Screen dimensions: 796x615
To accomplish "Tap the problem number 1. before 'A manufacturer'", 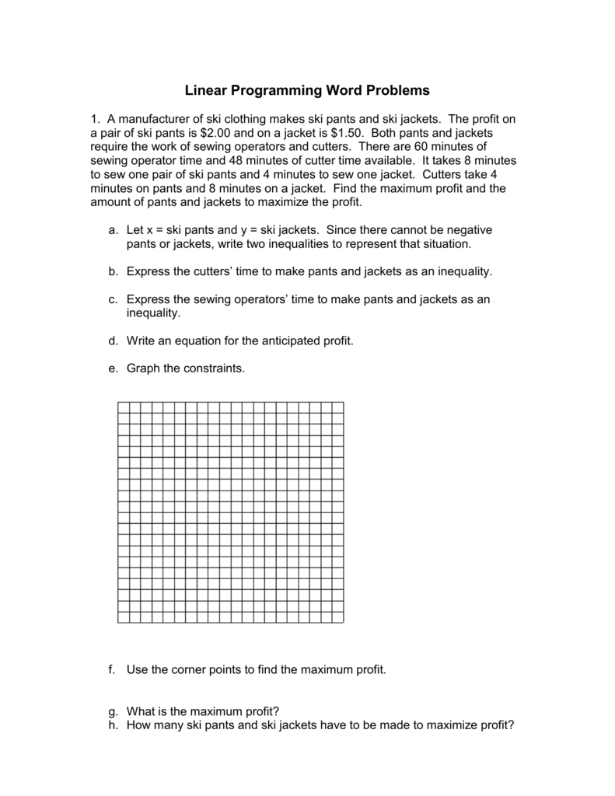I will [x=96, y=119].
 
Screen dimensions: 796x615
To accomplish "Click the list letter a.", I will [x=114, y=230].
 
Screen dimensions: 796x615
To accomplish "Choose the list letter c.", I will [x=114, y=299].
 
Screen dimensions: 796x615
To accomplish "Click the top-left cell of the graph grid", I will [x=124, y=407].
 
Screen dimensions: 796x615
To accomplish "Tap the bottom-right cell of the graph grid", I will [x=337, y=617].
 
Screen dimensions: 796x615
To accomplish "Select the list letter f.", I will [x=114, y=669].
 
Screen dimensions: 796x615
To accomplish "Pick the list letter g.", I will [x=114, y=711].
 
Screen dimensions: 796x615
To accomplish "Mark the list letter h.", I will [x=114, y=725].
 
